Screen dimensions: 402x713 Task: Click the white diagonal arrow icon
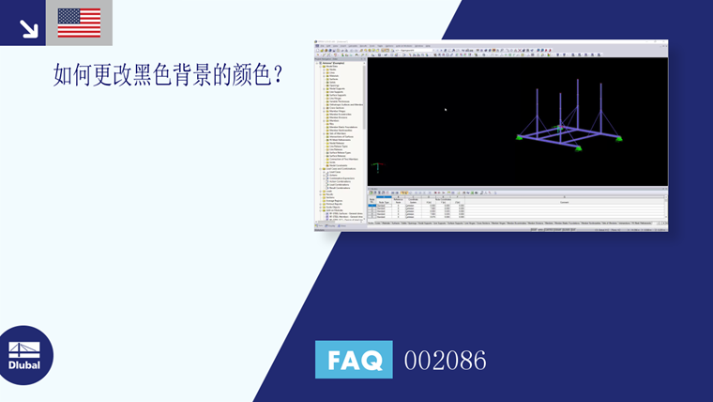click(29, 27)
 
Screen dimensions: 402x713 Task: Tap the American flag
click(79, 23)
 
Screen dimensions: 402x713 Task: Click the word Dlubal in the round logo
click(24, 365)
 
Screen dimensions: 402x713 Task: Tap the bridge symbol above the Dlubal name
click(24, 348)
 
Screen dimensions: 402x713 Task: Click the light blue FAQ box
click(354, 360)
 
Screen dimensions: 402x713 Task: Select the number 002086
click(445, 361)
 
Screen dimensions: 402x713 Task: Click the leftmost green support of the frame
click(518, 138)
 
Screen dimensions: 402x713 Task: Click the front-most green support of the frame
click(579, 147)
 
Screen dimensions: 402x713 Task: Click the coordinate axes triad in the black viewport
click(377, 167)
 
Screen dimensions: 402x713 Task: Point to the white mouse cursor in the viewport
click(446, 109)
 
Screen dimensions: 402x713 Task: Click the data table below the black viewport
click(517, 209)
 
